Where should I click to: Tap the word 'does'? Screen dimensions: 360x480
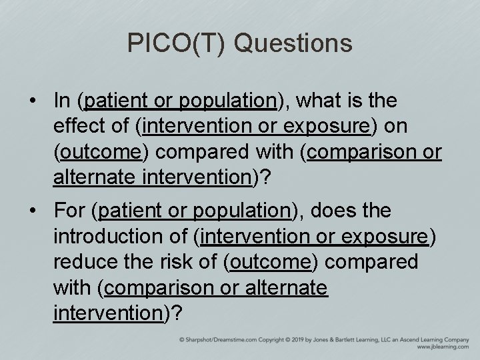[331, 211]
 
